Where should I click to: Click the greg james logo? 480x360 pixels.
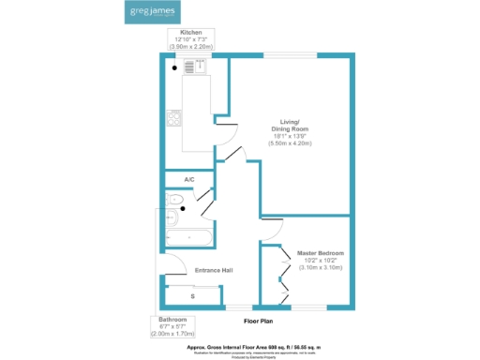152,13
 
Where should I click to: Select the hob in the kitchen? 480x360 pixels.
173,118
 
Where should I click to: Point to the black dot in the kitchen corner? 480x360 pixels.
174,67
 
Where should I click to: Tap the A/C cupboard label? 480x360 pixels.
188,179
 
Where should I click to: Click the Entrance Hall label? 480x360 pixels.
213,271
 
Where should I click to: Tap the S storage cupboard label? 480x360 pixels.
192,296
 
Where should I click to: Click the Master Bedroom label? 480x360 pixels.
321,253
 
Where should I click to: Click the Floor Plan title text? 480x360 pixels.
258,321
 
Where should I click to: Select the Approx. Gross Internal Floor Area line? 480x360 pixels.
253,346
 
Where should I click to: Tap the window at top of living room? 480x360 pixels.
282,55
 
